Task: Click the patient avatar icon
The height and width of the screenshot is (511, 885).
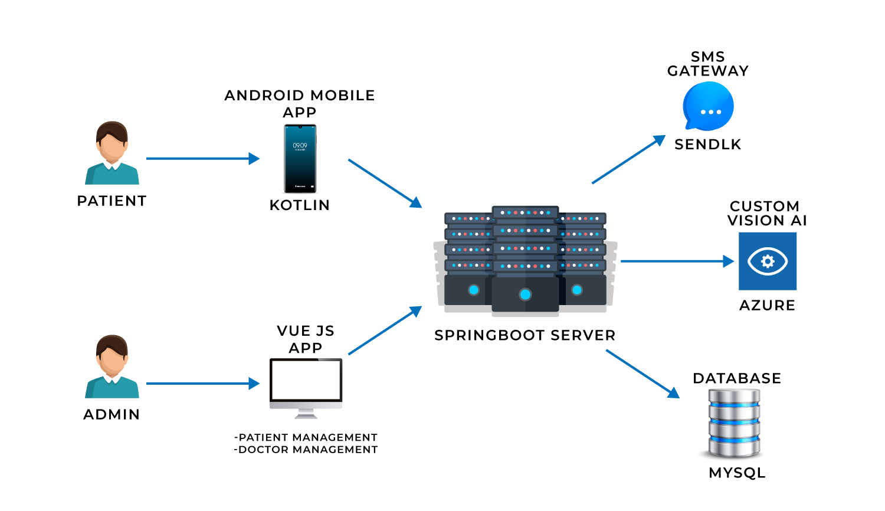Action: [x=112, y=153]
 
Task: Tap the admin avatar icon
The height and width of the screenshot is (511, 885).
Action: [x=112, y=366]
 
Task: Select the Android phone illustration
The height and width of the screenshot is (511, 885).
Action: [x=300, y=159]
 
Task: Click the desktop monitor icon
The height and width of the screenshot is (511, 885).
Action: [x=306, y=388]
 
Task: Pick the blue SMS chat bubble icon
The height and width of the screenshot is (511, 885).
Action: [x=709, y=106]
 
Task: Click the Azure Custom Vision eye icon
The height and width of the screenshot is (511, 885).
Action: [x=768, y=261]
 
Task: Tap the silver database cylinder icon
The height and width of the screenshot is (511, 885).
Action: [x=734, y=423]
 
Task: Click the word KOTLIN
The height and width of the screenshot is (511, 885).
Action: [x=300, y=205]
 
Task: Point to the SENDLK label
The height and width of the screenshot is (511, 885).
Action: [x=708, y=145]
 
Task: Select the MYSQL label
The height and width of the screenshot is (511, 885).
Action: [x=737, y=473]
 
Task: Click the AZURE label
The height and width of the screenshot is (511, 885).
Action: [x=767, y=305]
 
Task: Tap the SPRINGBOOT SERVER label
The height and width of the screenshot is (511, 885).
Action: [x=525, y=335]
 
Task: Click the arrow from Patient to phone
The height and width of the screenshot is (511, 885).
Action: [x=203, y=159]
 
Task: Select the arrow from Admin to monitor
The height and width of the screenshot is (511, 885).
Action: [x=203, y=384]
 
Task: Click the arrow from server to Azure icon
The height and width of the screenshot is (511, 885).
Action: [x=677, y=261]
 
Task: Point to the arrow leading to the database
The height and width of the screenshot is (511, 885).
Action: [x=643, y=374]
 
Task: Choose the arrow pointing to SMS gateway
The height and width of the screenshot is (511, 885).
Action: [x=628, y=159]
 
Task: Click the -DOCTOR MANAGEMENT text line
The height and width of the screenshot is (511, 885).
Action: [x=306, y=450]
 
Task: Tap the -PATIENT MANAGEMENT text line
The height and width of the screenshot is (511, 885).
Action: [x=306, y=437]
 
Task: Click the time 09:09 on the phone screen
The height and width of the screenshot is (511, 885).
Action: [x=300, y=145]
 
